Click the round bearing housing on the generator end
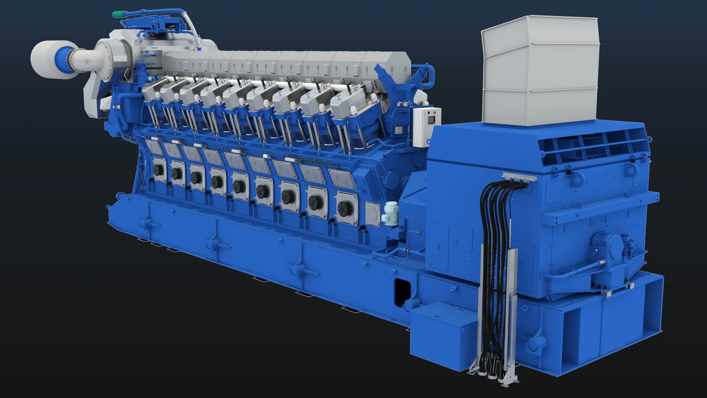click(x=604, y=245)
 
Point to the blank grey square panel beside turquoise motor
click(x=372, y=214)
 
